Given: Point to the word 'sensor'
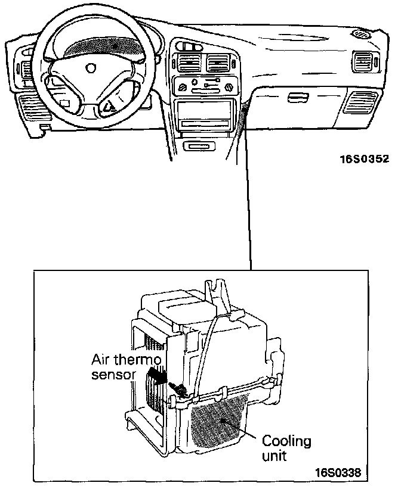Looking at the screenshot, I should (114, 375).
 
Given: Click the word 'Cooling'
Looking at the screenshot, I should (287, 442).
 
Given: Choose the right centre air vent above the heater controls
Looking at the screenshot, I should (217, 62).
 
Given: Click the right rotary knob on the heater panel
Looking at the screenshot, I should (228, 87).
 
